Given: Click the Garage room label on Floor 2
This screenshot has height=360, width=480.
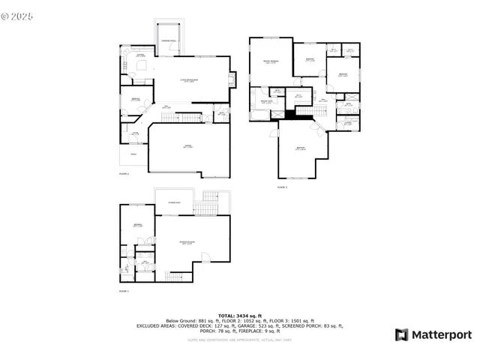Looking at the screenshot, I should point(178,147).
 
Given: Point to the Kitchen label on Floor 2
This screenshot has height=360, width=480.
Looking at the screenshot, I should point(139,55).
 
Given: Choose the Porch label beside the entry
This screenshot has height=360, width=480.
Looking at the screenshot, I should point(135,155).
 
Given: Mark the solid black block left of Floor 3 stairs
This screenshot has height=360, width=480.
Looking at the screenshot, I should point(289,114).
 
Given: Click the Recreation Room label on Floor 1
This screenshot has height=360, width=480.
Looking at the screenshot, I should point(187,242).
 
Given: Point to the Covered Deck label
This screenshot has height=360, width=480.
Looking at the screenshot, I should point(173,202).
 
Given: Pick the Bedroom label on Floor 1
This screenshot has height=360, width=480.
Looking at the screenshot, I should point(138,226).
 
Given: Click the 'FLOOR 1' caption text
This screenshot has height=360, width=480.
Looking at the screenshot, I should point(124,291).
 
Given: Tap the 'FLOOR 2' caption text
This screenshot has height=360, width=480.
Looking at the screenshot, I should point(124,174).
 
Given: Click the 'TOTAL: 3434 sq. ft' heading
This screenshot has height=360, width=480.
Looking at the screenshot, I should point(239,315).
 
